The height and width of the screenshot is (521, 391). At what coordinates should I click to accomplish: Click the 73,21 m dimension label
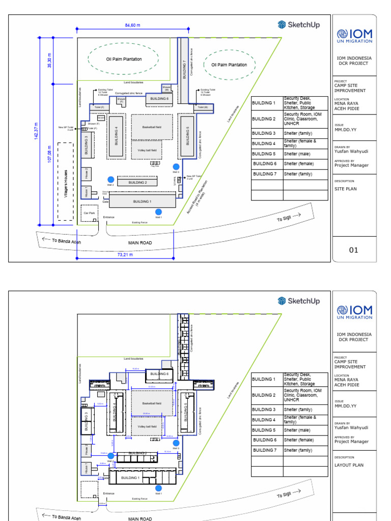point(125,254)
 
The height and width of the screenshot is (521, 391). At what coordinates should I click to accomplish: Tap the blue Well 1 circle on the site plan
point(158,212)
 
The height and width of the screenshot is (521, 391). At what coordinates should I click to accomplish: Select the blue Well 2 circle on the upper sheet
point(110,179)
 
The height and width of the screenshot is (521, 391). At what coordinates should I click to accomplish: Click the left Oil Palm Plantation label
point(124,59)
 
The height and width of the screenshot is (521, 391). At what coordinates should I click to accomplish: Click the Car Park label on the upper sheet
point(89,213)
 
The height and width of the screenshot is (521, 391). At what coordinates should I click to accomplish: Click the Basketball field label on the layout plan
point(152,403)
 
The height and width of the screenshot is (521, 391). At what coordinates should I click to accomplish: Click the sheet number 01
point(353,250)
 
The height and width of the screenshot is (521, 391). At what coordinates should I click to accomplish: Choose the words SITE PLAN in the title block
point(346,189)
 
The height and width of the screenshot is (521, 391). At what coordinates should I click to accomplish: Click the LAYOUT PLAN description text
point(349,465)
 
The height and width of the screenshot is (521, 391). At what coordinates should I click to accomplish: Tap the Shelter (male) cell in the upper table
point(298,154)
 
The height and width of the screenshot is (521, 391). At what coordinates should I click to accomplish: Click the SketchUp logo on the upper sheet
point(299,24)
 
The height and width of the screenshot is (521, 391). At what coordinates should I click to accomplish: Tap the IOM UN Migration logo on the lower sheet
point(354,312)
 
